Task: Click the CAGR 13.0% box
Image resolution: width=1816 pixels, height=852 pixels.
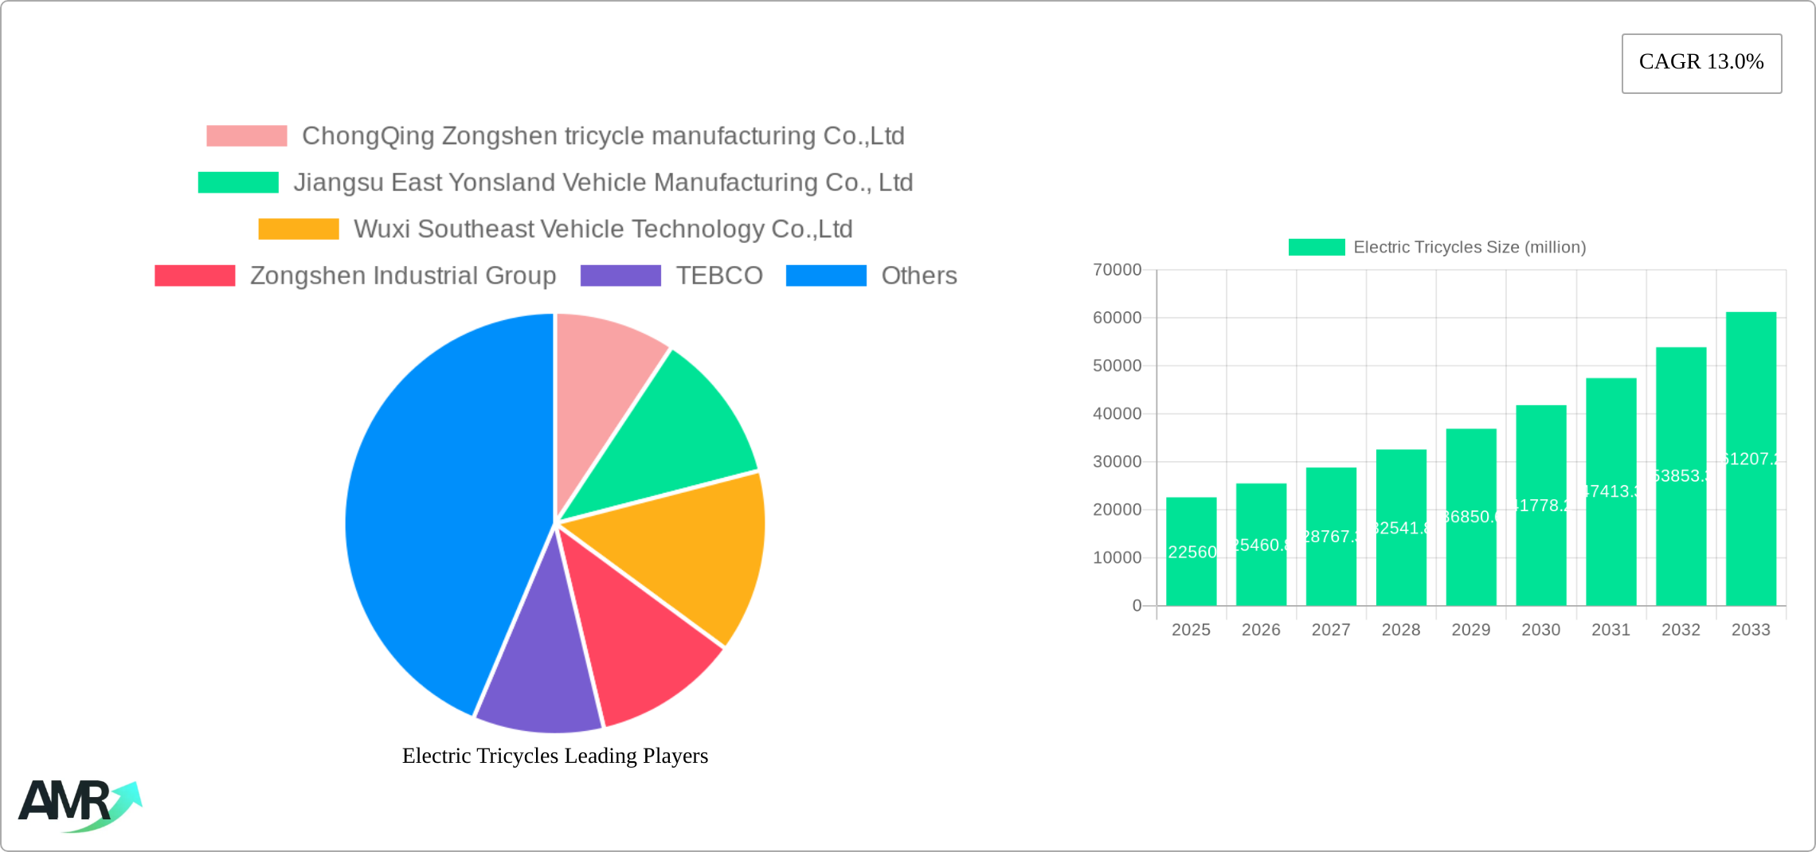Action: click(x=1701, y=63)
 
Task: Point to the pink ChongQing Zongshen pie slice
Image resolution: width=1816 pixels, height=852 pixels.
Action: click(x=597, y=382)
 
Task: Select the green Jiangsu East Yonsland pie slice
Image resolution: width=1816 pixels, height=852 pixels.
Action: click(x=669, y=438)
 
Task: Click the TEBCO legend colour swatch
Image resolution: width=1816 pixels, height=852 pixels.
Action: click(x=620, y=276)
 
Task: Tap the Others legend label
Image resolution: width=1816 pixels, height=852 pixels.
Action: click(x=918, y=276)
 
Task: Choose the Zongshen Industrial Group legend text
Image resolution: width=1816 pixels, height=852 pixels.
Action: click(x=403, y=276)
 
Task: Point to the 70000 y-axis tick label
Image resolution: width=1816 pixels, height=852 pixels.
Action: click(x=1117, y=270)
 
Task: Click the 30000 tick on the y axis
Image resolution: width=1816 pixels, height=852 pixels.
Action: click(x=1117, y=462)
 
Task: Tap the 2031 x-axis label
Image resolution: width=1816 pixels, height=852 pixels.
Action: click(x=1611, y=630)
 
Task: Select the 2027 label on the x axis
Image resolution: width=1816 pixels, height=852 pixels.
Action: click(x=1331, y=630)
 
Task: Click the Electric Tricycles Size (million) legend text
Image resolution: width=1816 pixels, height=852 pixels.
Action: click(x=1470, y=248)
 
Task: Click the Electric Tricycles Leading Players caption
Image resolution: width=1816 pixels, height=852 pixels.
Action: click(x=555, y=756)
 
